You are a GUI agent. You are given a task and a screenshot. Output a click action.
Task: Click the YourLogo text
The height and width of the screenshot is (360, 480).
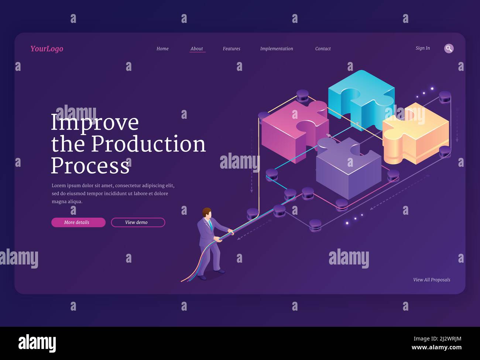(47, 49)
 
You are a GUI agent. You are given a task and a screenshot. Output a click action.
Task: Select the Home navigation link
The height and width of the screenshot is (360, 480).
(162, 49)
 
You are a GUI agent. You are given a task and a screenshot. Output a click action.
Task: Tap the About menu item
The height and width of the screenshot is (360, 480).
(197, 49)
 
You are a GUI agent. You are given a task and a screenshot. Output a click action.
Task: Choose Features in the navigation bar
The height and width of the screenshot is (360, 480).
(232, 49)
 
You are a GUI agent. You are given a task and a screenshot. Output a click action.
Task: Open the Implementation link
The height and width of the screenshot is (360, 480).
(277, 49)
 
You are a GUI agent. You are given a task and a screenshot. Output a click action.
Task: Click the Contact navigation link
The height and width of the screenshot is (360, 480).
(323, 49)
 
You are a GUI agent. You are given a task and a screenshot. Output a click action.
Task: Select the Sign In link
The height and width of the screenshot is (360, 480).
(423, 48)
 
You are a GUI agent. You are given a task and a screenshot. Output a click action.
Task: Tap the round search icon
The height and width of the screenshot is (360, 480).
(449, 48)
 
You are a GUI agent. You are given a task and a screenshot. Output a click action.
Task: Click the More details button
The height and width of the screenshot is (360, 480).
(78, 222)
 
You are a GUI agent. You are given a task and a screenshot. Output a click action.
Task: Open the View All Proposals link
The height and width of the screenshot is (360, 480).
(432, 280)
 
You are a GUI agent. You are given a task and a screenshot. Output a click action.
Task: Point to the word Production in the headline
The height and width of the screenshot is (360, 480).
(148, 144)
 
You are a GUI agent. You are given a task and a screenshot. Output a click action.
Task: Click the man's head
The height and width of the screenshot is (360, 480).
(207, 212)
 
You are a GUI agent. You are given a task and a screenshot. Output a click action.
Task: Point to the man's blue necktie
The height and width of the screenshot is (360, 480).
(210, 225)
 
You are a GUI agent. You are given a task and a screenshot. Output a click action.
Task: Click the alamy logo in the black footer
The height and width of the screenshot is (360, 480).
(37, 343)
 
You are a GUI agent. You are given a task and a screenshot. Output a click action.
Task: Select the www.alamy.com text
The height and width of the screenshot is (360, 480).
(436, 347)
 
